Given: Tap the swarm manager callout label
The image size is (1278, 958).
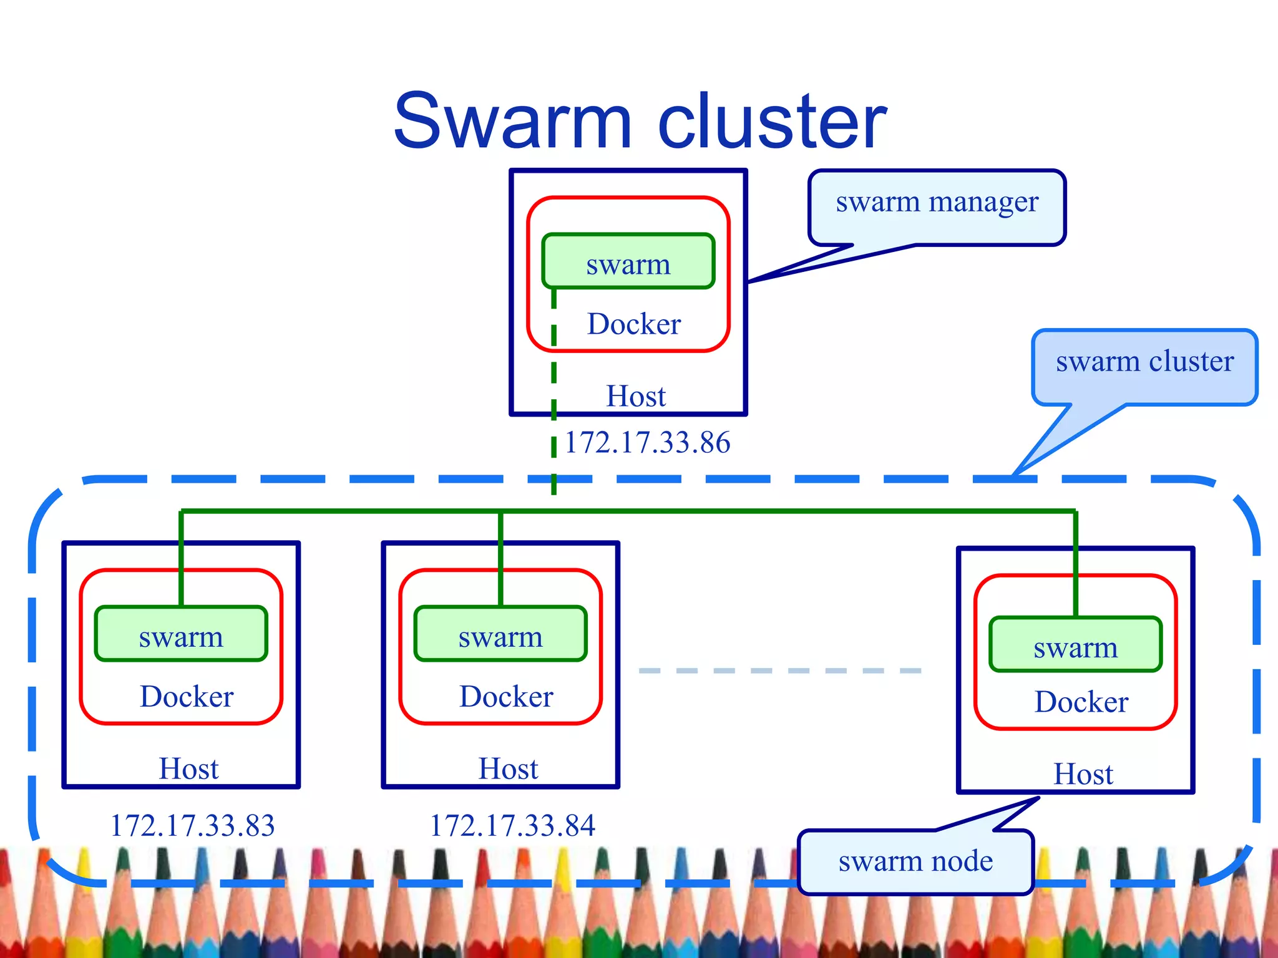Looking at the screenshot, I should point(937,202).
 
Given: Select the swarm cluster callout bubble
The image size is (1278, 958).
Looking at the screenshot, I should point(1144,362).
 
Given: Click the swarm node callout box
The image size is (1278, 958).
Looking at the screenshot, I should point(915,862).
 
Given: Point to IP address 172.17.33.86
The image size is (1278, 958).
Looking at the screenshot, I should point(647,443).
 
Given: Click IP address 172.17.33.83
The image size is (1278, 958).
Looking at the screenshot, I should point(192,825).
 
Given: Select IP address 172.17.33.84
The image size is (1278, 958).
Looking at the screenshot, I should point(512,825).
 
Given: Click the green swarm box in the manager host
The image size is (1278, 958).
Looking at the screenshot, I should point(628,263).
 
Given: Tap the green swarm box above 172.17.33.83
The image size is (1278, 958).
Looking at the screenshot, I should point(181,635).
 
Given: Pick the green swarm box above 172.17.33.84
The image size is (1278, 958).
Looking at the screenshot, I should point(500,635).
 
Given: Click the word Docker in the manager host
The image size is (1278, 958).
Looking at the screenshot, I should point(633,324).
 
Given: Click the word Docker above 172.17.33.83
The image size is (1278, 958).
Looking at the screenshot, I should point(187,697).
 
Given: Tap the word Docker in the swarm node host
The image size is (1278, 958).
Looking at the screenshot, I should point(1081,702).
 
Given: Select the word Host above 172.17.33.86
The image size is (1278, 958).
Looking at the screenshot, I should point(636,396).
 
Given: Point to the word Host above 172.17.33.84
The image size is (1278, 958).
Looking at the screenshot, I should point(508,768).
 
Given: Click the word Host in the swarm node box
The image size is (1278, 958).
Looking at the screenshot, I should point(1083,774).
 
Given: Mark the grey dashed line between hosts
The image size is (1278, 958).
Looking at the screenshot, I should point(780,670).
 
